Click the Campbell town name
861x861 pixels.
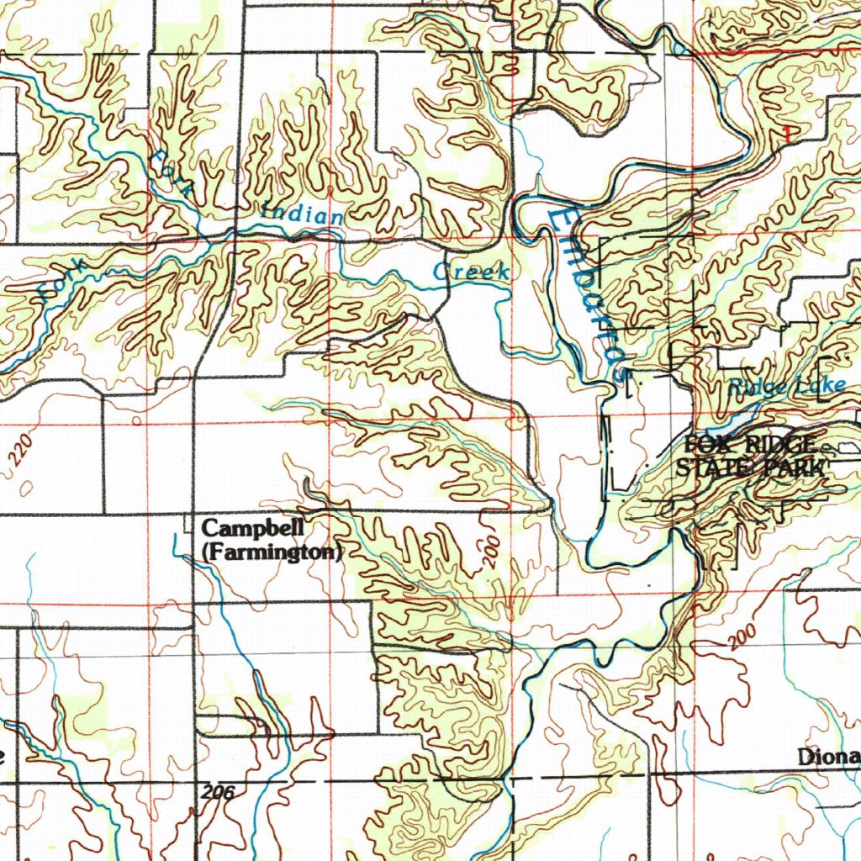tap(244, 529)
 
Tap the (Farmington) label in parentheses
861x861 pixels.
tap(272, 552)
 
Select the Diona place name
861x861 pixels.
tap(828, 758)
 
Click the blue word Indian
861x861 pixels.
tap(303, 214)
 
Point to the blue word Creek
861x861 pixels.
tap(471, 272)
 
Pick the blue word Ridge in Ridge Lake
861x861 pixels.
tap(753, 387)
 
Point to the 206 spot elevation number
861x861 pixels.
tap(218, 791)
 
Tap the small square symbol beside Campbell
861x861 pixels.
tap(188, 526)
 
